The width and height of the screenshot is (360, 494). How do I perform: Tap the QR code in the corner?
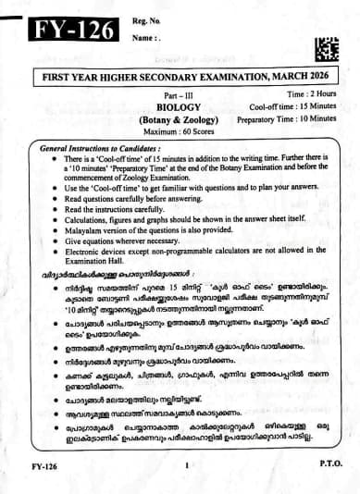click(x=327, y=47)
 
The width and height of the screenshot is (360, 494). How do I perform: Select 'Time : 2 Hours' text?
click(x=308, y=94)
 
